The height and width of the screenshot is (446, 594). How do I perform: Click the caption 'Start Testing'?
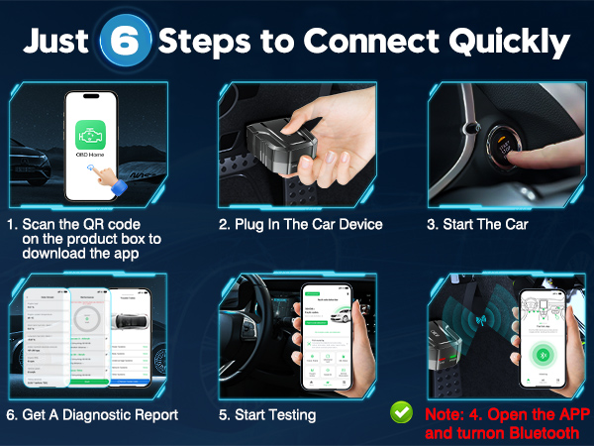[x=275, y=414]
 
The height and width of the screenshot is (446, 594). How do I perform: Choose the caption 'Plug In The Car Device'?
[x=301, y=224]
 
